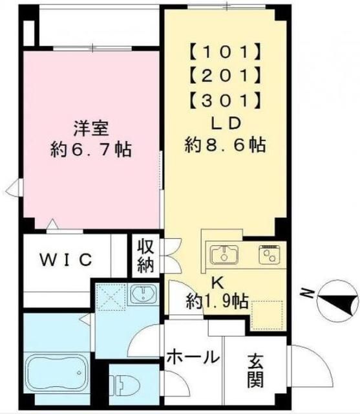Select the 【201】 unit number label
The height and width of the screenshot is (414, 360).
click(x=225, y=76)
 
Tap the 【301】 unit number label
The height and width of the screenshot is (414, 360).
click(x=225, y=100)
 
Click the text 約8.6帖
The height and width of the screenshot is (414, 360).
click(x=224, y=146)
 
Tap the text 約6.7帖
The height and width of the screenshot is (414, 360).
click(x=91, y=150)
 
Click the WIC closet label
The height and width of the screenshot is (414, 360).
click(x=67, y=260)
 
